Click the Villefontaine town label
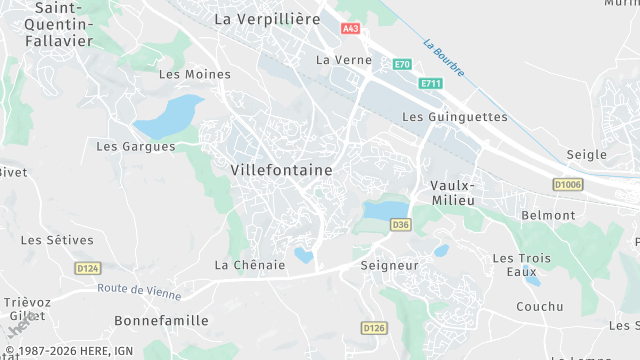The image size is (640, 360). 281,170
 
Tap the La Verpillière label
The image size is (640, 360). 267,18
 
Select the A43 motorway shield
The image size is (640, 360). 350,29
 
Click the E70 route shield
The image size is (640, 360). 402,64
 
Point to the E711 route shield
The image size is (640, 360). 431,83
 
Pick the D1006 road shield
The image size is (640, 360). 567,185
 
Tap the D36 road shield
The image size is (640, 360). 401,225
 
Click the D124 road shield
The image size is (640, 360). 87,268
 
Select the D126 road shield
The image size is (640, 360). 374,327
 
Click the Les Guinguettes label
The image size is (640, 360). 454,117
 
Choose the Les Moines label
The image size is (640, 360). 195,74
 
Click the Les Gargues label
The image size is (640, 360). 135,146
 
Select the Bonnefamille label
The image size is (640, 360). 162,320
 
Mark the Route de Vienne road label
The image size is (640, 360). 140,292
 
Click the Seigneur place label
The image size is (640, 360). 389,265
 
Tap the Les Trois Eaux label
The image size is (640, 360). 521,265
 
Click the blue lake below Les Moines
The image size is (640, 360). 168,116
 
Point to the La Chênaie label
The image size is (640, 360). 250,265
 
